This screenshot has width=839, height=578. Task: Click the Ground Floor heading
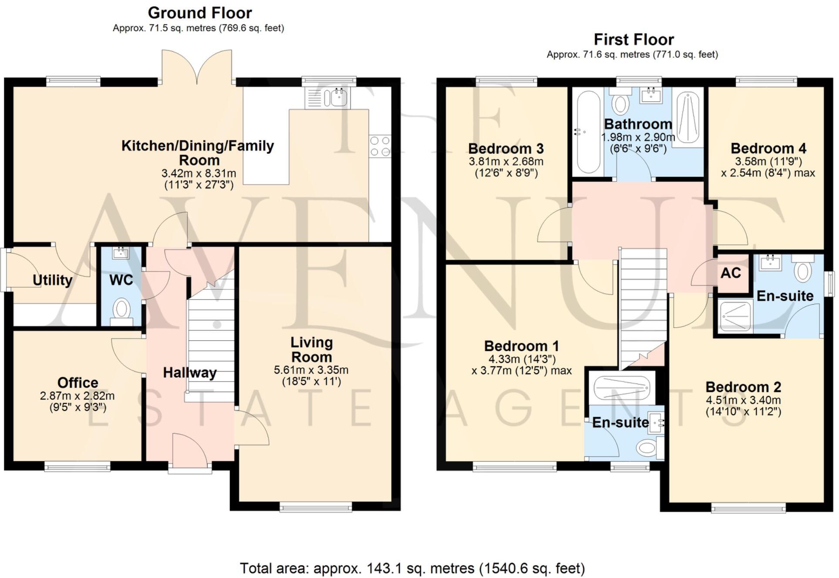pyautogui.click(x=200, y=13)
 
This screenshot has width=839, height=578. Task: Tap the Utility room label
pyautogui.click(x=52, y=280)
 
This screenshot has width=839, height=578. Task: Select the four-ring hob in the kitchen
pyautogui.click(x=379, y=146)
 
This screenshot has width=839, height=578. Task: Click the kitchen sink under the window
pyautogui.click(x=338, y=97)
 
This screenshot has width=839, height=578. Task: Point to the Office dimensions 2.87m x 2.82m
pyautogui.click(x=77, y=396)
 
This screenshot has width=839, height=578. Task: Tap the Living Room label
pyautogui.click(x=312, y=349)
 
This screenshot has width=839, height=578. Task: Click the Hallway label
pyautogui.click(x=190, y=372)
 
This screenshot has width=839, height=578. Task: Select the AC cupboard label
pyautogui.click(x=730, y=273)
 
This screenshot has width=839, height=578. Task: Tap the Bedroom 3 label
pyautogui.click(x=506, y=149)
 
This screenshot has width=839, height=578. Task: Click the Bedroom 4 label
pyautogui.click(x=768, y=148)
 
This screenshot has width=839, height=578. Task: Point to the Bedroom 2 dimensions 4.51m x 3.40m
pyautogui.click(x=743, y=400)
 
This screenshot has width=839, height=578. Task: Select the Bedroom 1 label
pyautogui.click(x=521, y=346)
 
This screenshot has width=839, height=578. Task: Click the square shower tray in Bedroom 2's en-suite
pyautogui.click(x=735, y=316)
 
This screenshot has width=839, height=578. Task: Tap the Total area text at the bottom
pyautogui.click(x=412, y=568)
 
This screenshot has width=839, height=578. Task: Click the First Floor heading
pyautogui.click(x=634, y=40)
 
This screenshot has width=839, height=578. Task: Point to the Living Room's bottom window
pyautogui.click(x=315, y=507)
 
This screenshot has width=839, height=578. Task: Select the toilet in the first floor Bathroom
pyautogui.click(x=621, y=103)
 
